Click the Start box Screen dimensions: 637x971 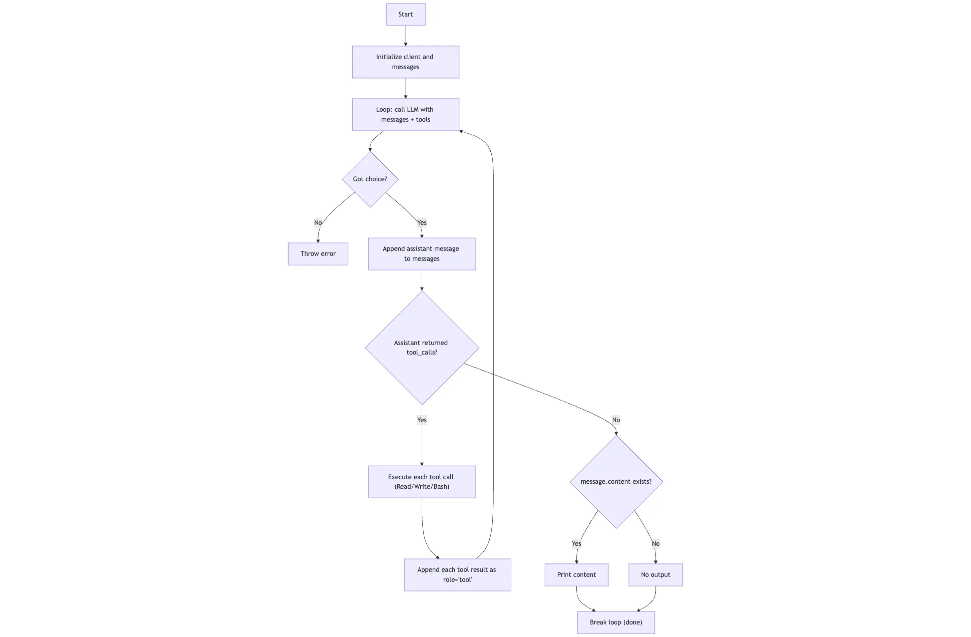[x=405, y=15]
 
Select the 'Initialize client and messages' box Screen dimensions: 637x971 [x=405, y=62]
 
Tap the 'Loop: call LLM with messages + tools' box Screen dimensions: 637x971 [x=405, y=115]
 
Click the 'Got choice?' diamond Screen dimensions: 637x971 [x=370, y=179]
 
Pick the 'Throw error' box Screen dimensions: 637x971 [x=318, y=254]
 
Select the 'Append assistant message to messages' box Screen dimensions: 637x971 [x=421, y=254]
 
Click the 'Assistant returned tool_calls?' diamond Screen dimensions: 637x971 [x=421, y=348]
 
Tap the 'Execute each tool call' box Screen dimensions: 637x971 [x=421, y=482]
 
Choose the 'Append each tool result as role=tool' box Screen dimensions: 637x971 [x=457, y=575]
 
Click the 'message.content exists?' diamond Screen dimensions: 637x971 [x=616, y=482]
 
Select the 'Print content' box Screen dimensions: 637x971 [x=576, y=575]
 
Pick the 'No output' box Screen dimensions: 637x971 [x=655, y=575]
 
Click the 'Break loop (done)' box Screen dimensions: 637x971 [x=616, y=622]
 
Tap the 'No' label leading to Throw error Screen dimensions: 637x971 [x=318, y=223]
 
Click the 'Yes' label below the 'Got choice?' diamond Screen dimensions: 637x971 [x=422, y=223]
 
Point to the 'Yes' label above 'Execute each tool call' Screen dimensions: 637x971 [x=422, y=420]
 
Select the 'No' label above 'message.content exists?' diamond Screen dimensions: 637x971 [x=616, y=420]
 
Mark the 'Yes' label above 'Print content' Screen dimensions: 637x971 [x=576, y=544]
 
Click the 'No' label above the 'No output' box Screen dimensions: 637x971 [x=655, y=544]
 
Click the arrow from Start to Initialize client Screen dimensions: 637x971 [x=405, y=36]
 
